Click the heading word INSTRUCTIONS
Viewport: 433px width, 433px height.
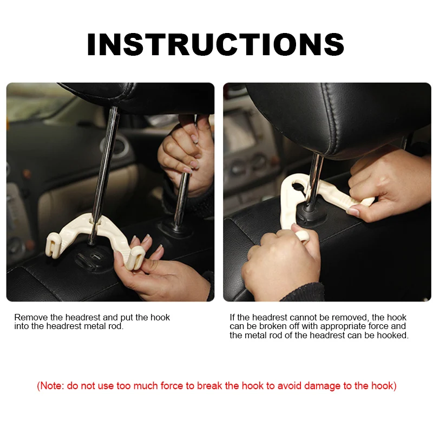pyautogui.click(x=215, y=44)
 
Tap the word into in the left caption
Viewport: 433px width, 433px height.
pyautogui.click(x=22, y=327)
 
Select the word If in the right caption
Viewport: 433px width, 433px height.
pyautogui.click(x=233, y=318)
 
